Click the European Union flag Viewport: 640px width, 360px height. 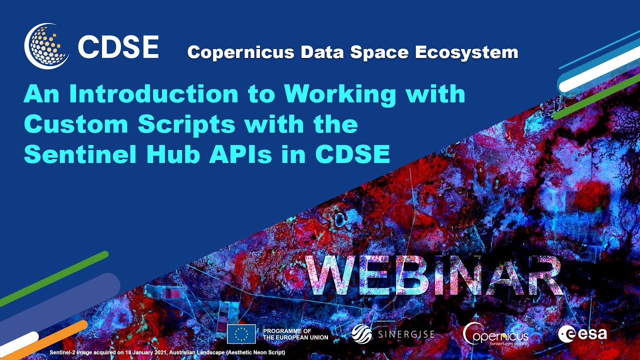241,334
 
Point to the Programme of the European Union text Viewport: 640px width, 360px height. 295,334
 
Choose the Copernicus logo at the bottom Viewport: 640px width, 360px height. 495,334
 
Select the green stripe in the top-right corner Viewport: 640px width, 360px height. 595,97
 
